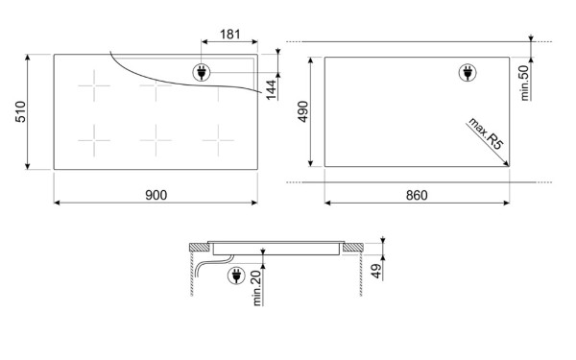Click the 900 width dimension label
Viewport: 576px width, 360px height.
156,195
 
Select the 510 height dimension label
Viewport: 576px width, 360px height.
20,111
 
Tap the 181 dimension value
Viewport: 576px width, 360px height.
230,35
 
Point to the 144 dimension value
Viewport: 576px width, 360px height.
271,89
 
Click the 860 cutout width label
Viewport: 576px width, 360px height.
417,195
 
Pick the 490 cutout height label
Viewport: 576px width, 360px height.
302,111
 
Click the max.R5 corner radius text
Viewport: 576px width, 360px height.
486,133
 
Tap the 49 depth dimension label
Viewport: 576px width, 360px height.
376,271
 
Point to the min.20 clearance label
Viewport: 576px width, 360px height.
256,288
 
